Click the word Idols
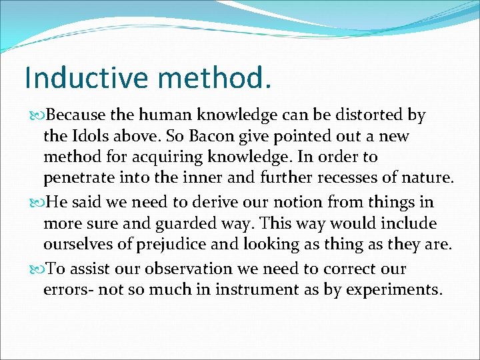[91, 136]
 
